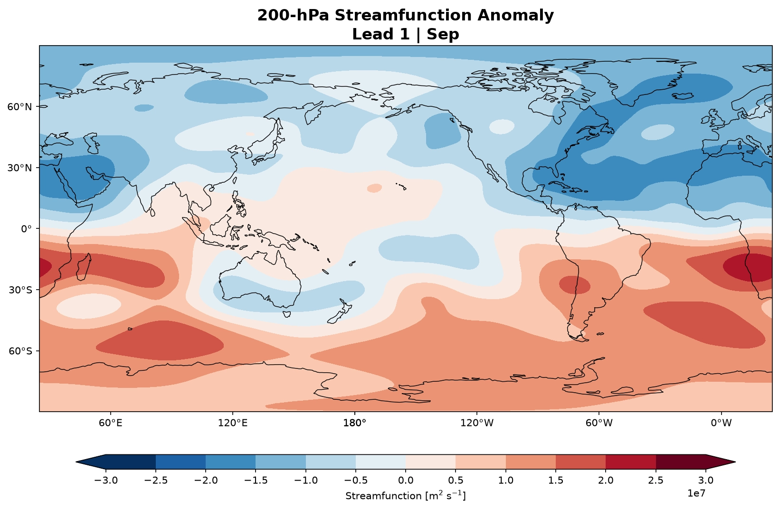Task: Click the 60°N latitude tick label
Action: tap(19, 107)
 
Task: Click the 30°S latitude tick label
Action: tap(20, 290)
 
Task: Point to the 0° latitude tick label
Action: tap(26, 229)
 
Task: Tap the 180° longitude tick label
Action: tap(354, 423)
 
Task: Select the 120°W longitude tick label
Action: tap(477, 423)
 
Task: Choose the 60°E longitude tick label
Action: tap(110, 423)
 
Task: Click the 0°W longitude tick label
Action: tap(721, 423)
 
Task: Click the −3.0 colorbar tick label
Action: tap(106, 480)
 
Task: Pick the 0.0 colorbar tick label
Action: tap(406, 480)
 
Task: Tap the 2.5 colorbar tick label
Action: tap(655, 480)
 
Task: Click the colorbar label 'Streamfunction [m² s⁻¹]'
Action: tap(406, 495)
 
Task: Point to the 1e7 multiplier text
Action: tap(696, 493)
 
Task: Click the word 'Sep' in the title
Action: tap(443, 34)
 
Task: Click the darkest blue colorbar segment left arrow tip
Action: tap(76, 462)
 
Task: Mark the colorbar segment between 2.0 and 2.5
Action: tap(630, 462)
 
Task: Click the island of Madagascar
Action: tap(84, 267)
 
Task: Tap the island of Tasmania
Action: tap(287, 314)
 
